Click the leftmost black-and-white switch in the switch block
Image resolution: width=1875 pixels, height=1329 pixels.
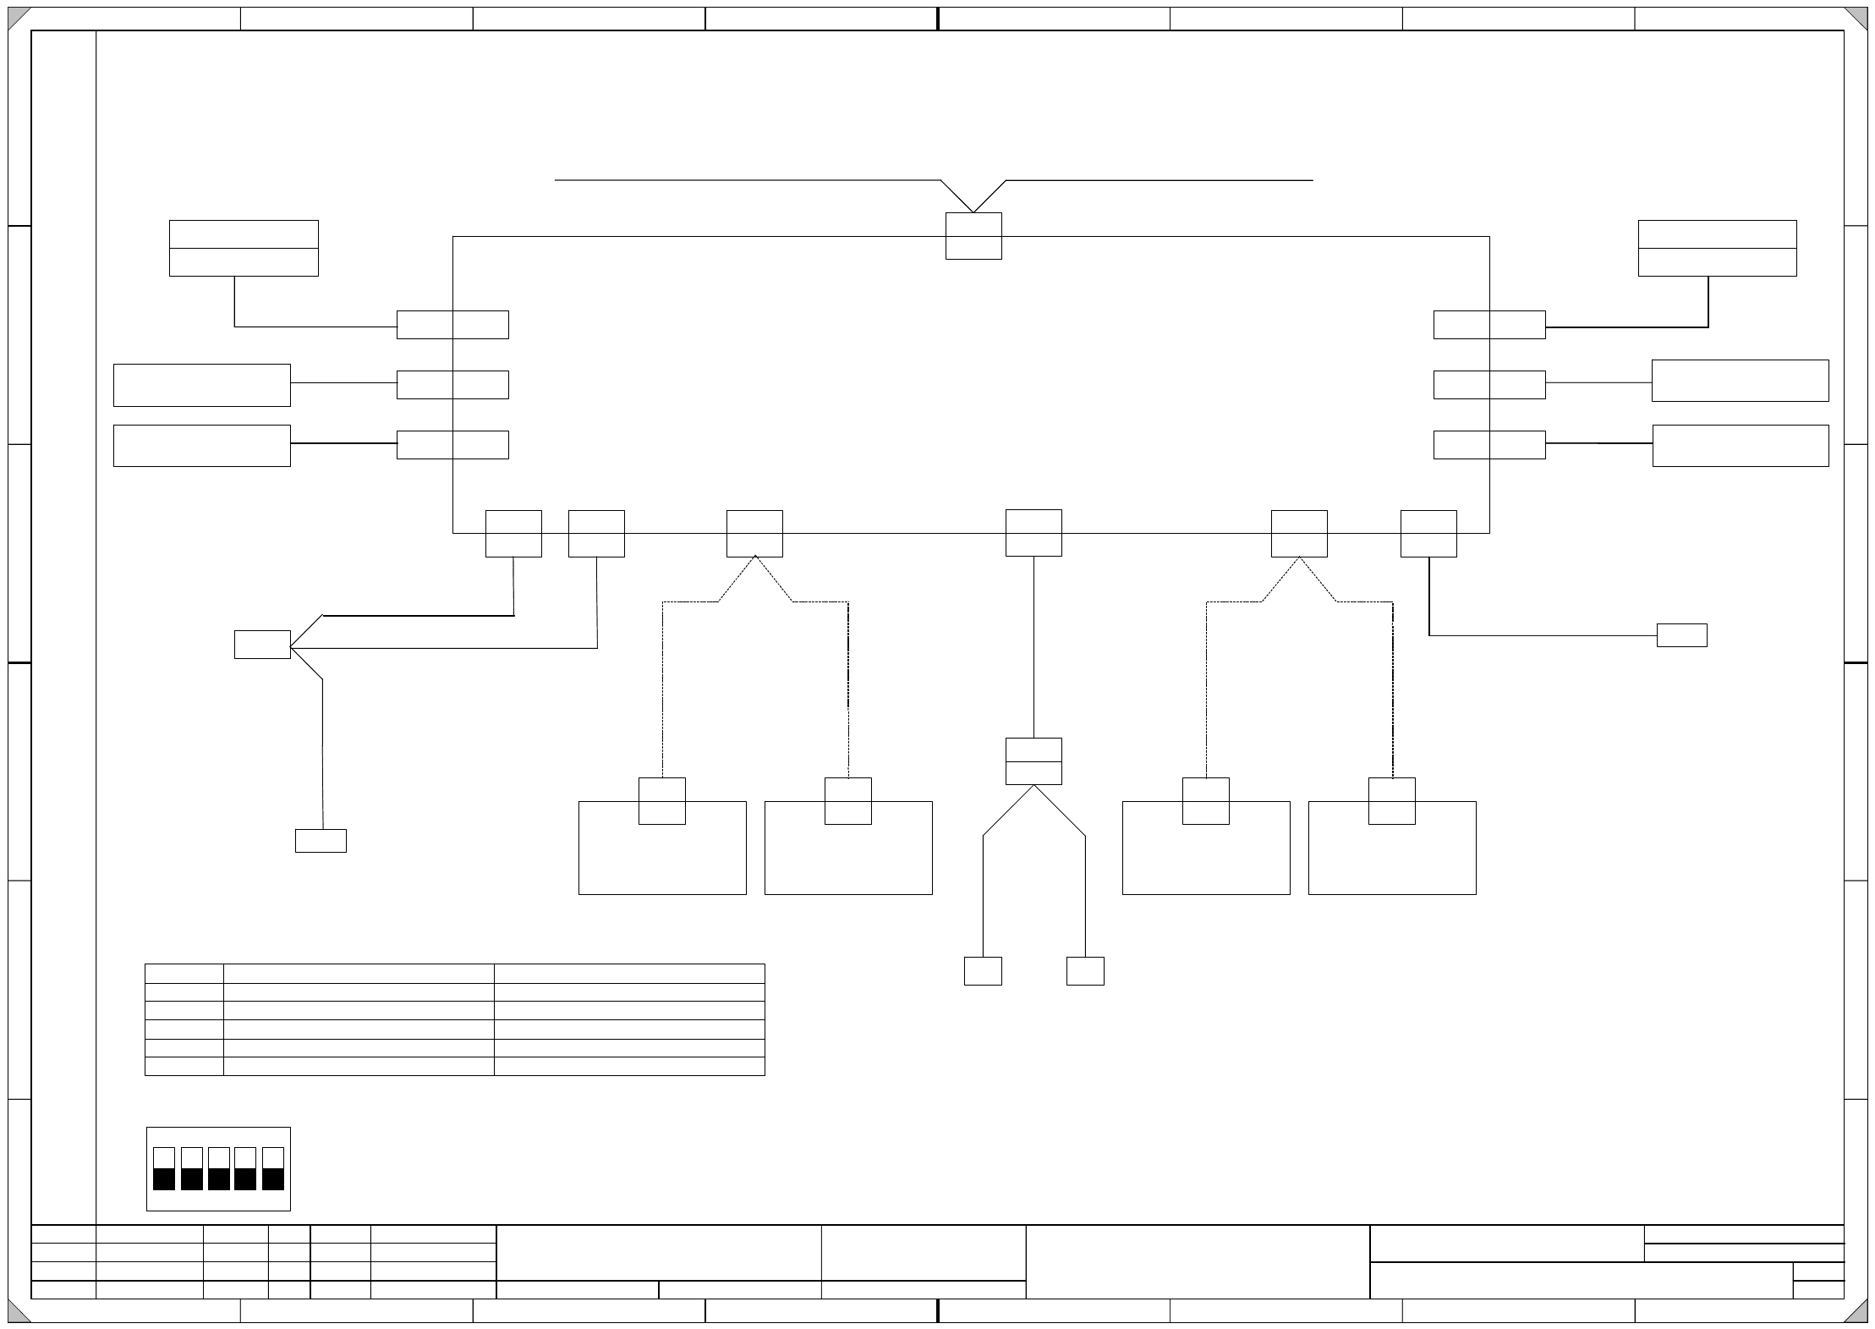coord(164,1168)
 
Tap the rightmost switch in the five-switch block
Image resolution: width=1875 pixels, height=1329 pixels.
coord(272,1168)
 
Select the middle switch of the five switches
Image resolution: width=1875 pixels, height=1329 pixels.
coord(218,1168)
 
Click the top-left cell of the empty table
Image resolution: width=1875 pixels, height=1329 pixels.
coord(184,973)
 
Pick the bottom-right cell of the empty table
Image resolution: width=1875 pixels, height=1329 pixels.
coord(629,1066)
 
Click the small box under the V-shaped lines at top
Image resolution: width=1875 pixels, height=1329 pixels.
coord(973,236)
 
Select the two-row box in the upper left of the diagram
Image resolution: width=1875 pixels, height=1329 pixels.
coord(244,248)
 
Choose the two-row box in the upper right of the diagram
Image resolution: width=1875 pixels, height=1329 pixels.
coord(1717,248)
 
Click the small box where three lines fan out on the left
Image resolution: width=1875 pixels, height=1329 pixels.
coord(262,644)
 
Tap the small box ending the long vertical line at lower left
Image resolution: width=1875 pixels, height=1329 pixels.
coord(321,841)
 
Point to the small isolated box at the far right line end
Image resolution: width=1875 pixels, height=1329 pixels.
coord(1681,635)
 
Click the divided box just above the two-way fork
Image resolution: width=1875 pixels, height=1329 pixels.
coord(1033,761)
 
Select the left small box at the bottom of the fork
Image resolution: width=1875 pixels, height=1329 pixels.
coord(983,971)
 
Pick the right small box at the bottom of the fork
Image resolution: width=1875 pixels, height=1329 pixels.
coord(1085,971)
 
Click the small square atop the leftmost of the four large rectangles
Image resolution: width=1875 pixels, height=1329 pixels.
coord(661,800)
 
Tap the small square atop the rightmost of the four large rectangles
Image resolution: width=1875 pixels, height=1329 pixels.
coord(1391,800)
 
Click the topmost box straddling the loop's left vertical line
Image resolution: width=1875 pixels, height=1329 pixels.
coord(452,325)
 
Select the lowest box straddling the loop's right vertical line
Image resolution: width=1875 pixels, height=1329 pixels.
coord(1489,445)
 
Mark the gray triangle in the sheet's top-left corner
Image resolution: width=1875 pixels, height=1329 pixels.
coord(18,17)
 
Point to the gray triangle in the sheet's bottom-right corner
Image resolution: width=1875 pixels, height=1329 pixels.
coord(1857,1312)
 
